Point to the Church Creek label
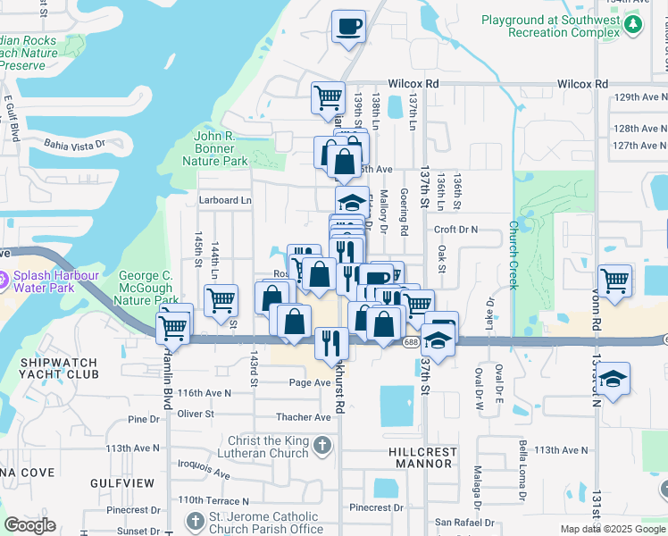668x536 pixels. click(514, 255)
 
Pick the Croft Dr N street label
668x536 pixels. click(456, 230)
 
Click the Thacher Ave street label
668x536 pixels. click(304, 417)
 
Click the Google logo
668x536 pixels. click(29, 525)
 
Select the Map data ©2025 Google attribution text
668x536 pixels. click(612, 529)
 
